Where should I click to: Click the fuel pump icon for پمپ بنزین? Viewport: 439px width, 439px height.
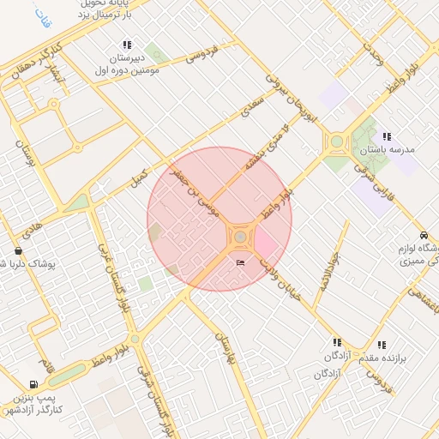33,385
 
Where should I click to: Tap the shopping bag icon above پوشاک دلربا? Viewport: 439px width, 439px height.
18,250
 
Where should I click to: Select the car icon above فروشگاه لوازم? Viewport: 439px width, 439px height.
424,235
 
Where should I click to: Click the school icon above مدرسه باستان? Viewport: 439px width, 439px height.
388,135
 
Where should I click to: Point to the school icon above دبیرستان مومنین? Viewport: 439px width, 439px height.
127,45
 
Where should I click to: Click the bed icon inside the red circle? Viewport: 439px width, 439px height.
239,262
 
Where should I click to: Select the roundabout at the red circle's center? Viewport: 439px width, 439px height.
241,235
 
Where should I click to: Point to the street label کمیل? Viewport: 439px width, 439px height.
137,177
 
